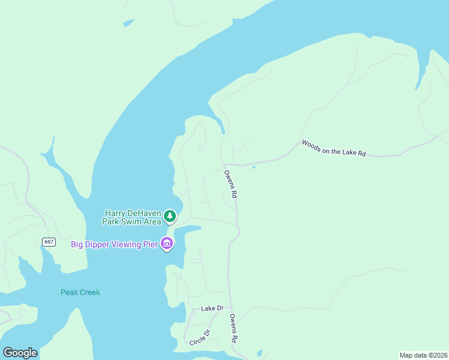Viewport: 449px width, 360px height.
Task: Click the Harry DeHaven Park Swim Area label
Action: pos(133,217)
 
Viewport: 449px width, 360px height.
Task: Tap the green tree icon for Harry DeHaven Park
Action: pos(170,216)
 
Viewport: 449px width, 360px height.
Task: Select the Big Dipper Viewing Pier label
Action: pos(114,244)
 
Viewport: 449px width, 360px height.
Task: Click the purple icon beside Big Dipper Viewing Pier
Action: pos(167,244)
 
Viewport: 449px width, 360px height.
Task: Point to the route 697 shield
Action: pos(49,242)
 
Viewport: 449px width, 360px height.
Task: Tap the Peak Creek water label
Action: pos(80,292)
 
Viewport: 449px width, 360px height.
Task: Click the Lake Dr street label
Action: pos(212,308)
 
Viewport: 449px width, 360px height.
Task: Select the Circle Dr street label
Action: pos(200,337)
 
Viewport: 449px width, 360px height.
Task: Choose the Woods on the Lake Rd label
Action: pos(334,148)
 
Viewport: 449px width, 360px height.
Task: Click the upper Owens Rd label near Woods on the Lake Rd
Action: pos(231,184)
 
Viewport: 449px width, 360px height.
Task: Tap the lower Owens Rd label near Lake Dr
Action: pos(232,328)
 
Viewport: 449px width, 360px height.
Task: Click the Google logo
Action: pos(20,352)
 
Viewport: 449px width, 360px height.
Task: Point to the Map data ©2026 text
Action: pos(423,355)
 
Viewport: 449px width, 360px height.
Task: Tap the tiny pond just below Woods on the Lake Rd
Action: pos(254,167)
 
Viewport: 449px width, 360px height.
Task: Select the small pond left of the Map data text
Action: pos(259,352)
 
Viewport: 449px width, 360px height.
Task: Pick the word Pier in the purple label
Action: pos(149,244)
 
